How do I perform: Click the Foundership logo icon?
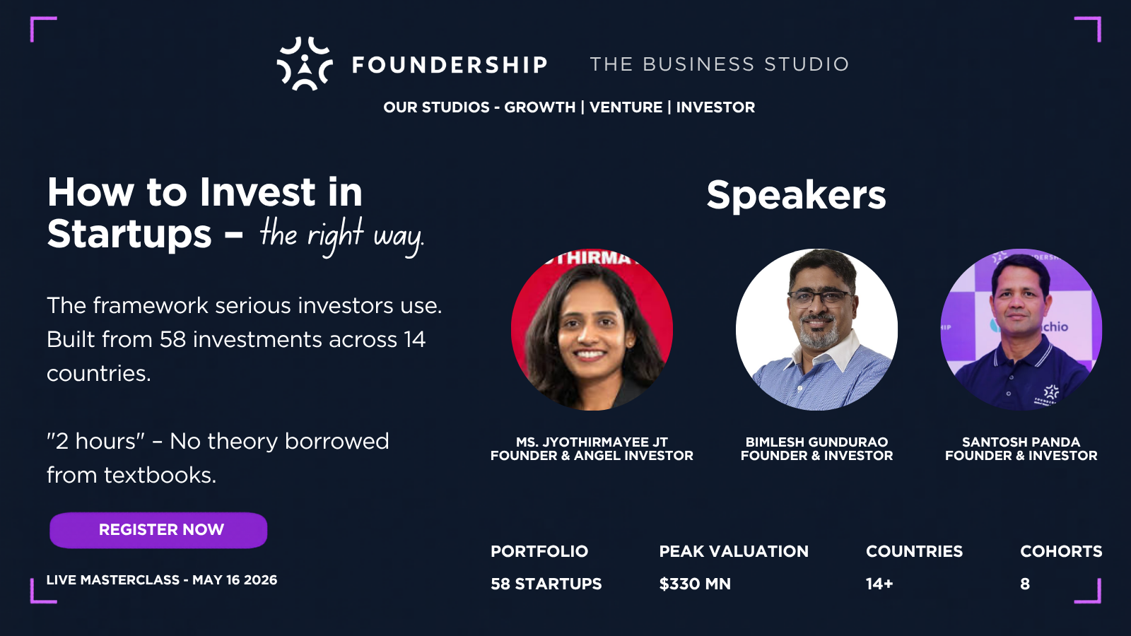(x=304, y=64)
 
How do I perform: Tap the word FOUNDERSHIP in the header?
(x=450, y=65)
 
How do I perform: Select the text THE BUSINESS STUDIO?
(x=719, y=64)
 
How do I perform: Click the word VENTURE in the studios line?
(x=626, y=107)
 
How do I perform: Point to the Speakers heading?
(x=796, y=195)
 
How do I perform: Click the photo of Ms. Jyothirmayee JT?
(x=592, y=329)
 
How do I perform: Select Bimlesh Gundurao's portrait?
(x=816, y=329)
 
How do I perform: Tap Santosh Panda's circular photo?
(x=1021, y=329)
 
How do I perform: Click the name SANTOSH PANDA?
(x=1021, y=442)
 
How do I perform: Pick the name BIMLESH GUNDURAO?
(x=816, y=442)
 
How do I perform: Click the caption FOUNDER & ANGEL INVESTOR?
(x=592, y=456)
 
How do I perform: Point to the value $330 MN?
(x=695, y=584)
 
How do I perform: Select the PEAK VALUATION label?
(x=734, y=551)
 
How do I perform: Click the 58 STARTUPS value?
(x=546, y=584)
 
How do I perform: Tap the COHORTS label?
(x=1061, y=551)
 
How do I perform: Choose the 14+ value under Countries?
(x=879, y=584)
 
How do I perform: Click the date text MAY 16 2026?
(x=235, y=580)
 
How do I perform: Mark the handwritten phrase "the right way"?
(x=341, y=235)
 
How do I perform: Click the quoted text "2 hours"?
(x=95, y=442)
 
